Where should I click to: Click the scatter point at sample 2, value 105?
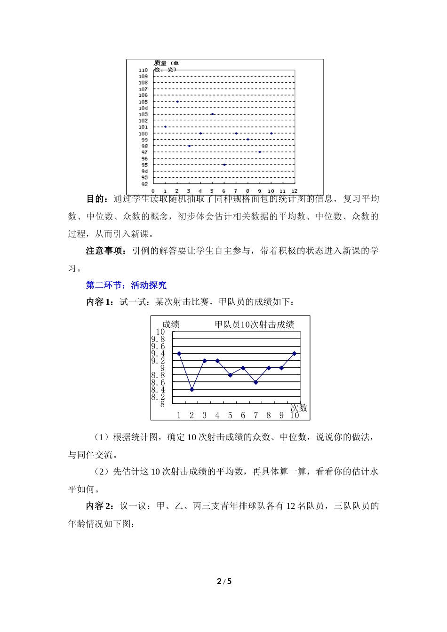(177, 102)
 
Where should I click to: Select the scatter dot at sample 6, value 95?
(224, 165)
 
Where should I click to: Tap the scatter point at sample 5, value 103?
(212, 114)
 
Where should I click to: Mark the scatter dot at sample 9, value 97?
(260, 152)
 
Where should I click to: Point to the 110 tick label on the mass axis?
(143, 70)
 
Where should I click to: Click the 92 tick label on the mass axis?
(144, 184)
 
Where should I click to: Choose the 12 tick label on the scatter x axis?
(294, 191)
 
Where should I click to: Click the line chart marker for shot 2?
(192, 390)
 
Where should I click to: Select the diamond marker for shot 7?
(256, 382)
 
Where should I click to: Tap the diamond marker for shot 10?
(295, 353)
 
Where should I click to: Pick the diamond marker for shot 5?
(230, 375)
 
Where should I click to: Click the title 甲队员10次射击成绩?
(255, 324)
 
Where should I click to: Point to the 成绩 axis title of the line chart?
(171, 324)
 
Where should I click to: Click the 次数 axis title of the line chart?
(299, 408)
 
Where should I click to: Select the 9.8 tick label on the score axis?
(158, 339)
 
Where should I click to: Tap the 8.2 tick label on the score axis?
(158, 397)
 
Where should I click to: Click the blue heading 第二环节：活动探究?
(126, 285)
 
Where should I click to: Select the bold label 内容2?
(99, 506)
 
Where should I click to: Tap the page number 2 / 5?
(224, 581)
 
